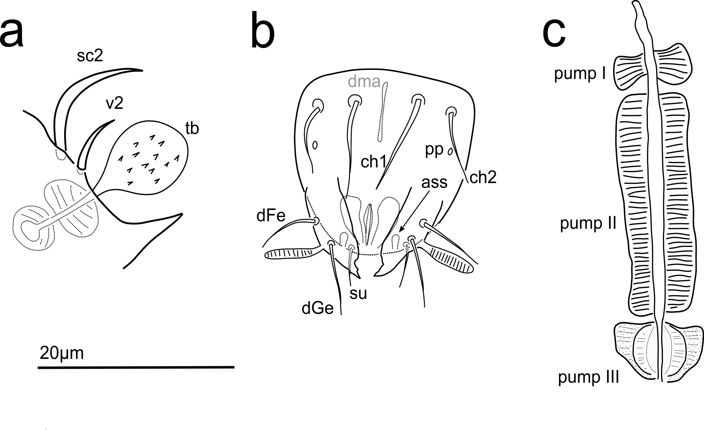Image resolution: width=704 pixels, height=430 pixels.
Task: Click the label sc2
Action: coord(90,56)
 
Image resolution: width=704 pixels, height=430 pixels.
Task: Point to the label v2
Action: coord(115,104)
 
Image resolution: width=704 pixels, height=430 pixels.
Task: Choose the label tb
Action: coord(192,128)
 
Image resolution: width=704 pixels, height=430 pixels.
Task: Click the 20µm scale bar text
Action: coord(62,353)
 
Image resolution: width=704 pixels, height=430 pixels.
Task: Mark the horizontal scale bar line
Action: coord(136,367)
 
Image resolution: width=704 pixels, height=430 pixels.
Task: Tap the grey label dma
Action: coord(364,81)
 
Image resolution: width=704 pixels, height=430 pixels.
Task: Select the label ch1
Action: coord(374,162)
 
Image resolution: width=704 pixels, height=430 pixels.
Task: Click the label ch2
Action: coord(483,178)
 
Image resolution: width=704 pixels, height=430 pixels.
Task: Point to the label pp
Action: coord(434,150)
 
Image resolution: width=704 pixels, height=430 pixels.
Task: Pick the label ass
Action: coord(434,182)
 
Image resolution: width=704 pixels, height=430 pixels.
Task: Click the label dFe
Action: coord(271,216)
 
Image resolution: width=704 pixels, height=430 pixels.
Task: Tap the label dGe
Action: coord(317,309)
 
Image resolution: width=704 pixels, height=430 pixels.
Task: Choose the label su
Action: coord(358,293)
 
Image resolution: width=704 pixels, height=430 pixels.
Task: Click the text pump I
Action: coord(580,73)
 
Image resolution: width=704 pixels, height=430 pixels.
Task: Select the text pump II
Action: coord(588,223)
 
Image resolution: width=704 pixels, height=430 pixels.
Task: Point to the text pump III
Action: coord(588,377)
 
